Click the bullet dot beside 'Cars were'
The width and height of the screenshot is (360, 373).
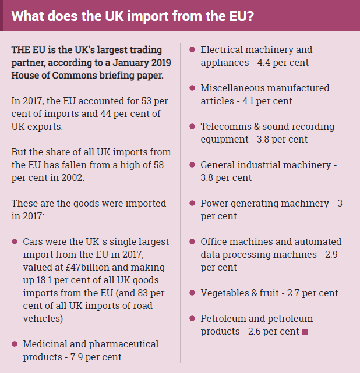15,241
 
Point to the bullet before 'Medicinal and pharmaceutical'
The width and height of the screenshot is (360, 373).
15,344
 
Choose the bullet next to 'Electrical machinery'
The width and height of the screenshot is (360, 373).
193,49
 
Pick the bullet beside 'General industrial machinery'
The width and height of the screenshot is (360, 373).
193,165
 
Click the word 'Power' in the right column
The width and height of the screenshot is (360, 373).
214,203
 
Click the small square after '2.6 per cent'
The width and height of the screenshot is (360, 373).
303,332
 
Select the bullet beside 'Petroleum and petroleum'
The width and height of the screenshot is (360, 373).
193,318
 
